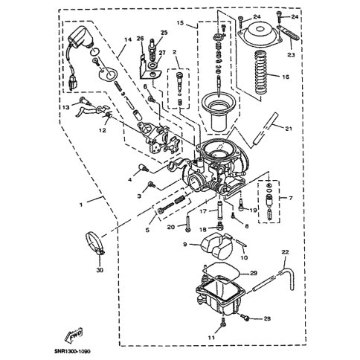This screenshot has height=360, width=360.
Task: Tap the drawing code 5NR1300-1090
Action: [x=73, y=351]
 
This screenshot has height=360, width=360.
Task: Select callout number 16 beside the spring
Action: [x=286, y=77]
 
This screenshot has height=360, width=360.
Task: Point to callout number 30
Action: [x=100, y=270]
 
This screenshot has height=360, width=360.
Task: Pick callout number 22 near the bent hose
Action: [x=285, y=252]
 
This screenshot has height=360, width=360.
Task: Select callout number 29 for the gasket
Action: [x=254, y=273]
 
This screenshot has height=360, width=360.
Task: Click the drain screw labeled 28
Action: [x=244, y=317]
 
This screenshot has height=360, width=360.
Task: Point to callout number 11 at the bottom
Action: [x=211, y=338]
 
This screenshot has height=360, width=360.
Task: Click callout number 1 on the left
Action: [x=80, y=205]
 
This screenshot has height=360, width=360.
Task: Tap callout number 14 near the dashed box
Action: [x=127, y=39]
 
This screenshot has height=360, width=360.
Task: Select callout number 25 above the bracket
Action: [x=164, y=33]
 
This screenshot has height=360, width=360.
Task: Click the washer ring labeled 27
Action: [x=152, y=65]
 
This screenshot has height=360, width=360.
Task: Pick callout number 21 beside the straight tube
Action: [x=289, y=129]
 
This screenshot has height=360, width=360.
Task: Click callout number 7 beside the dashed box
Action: [x=291, y=198]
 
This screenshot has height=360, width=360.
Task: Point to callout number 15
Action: [x=180, y=23]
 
